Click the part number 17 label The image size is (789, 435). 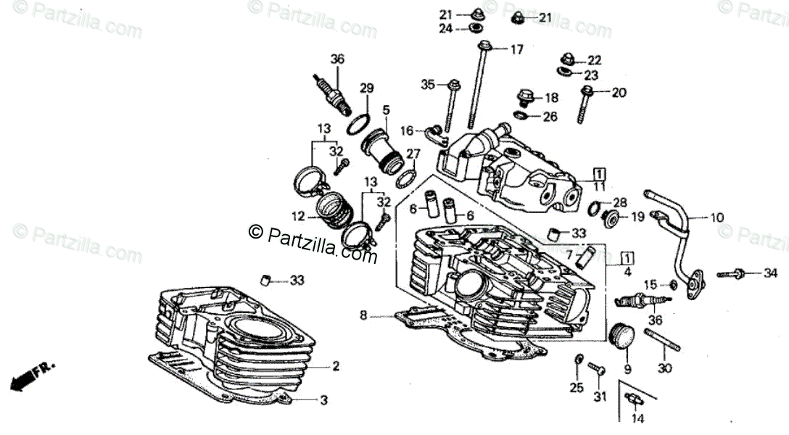click(x=516, y=50)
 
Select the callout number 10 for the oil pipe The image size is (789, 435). click(x=716, y=217)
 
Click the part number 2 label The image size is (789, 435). click(x=336, y=367)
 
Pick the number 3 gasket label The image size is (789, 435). click(x=324, y=399)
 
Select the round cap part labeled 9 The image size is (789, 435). click(x=623, y=336)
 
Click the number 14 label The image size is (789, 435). click(x=637, y=419)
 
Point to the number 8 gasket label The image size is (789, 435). click(x=364, y=315)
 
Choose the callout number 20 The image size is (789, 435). click(x=618, y=92)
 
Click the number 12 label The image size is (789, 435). click(x=299, y=215)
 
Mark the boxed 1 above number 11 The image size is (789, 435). click(x=599, y=173)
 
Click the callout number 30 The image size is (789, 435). click(x=665, y=368)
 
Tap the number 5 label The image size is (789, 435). click(x=387, y=109)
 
